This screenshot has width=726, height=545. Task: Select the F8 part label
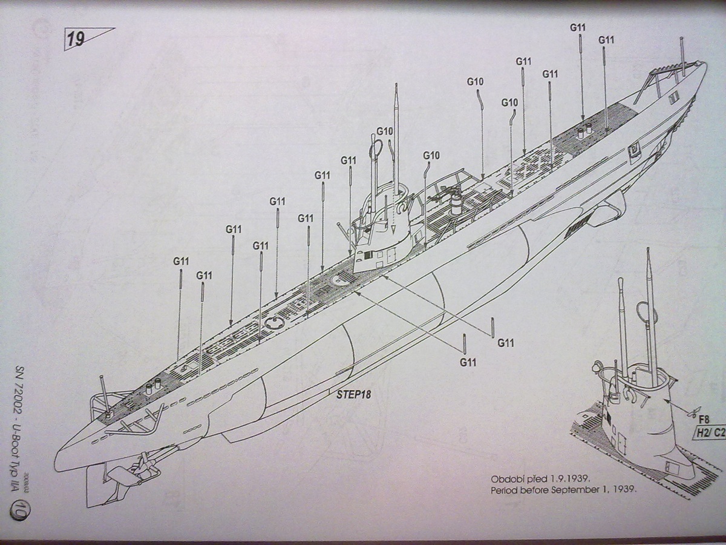point(703,418)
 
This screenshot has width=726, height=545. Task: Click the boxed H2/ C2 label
point(710,432)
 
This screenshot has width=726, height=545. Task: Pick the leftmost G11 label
point(181,262)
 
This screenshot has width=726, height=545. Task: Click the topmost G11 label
point(578,27)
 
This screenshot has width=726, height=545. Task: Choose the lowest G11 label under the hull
point(468,362)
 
